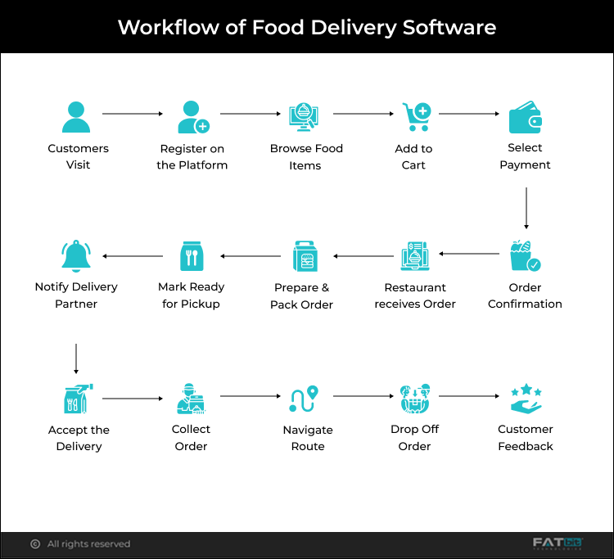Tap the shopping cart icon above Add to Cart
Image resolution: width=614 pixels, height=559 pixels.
tap(415, 117)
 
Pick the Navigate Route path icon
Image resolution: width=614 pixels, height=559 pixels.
tap(304, 399)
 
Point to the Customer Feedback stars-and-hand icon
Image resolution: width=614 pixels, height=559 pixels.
tap(526, 399)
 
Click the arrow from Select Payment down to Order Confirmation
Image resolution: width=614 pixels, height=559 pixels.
tap(526, 209)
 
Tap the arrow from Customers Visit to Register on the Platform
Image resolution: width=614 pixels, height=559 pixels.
tap(133, 114)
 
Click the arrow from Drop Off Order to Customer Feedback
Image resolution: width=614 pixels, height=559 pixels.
tap(469, 396)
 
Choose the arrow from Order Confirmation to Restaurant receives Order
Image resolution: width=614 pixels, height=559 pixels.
tap(469, 256)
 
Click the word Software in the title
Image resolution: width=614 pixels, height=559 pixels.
tap(449, 27)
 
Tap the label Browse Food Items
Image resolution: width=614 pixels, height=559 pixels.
tap(306, 157)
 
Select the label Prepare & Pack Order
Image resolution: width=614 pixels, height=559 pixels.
tap(301, 296)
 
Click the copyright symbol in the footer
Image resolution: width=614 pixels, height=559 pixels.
tap(35, 544)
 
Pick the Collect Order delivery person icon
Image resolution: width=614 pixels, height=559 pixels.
tap(192, 399)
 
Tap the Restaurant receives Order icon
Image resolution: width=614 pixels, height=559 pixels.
tap(415, 256)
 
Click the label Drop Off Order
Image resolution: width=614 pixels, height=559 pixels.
tap(414, 438)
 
